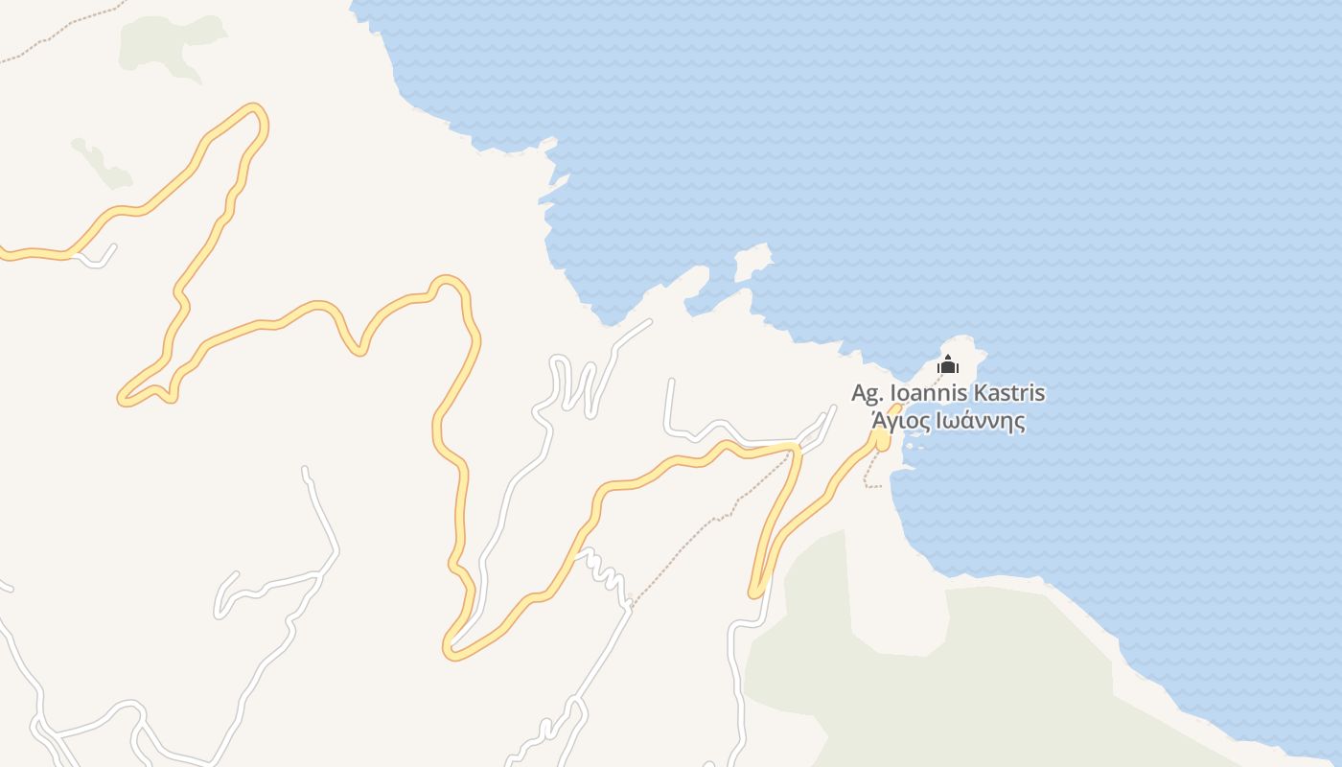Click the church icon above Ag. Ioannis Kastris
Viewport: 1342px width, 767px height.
point(948,364)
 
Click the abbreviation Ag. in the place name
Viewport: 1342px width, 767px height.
point(868,393)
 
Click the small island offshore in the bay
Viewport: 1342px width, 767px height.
point(753,261)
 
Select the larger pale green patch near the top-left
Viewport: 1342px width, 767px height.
point(173,43)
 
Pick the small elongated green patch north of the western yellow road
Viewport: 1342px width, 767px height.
point(101,163)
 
